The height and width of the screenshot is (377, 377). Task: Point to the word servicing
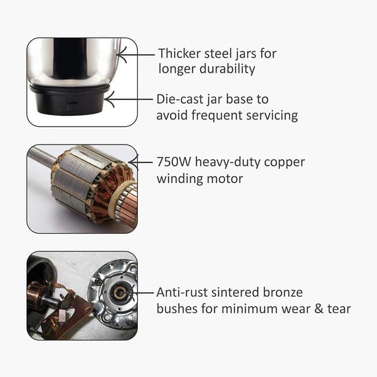tap(271, 115)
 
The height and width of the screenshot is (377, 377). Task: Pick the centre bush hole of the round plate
tap(118, 293)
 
